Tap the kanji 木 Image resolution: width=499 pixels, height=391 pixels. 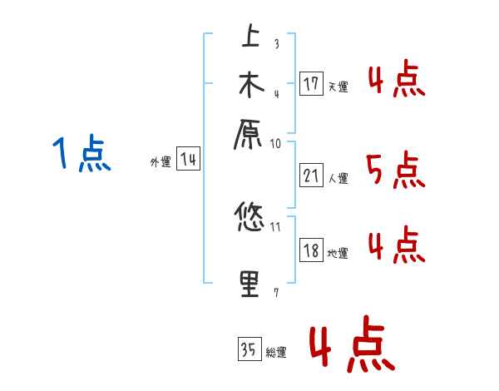250,85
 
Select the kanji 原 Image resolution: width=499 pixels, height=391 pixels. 250,133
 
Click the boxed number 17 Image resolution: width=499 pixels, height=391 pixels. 312,84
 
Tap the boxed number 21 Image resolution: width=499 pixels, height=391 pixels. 312,176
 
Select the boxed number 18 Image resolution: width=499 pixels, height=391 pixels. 312,250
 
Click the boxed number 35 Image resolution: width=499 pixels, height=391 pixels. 249,349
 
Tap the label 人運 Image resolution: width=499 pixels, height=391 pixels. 338,178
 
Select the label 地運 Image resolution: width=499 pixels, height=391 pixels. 338,253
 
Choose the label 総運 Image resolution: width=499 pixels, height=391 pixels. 275,353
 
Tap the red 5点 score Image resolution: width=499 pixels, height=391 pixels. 395,171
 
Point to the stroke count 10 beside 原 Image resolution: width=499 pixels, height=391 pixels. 275,144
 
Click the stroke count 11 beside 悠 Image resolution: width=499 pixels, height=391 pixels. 275,225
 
